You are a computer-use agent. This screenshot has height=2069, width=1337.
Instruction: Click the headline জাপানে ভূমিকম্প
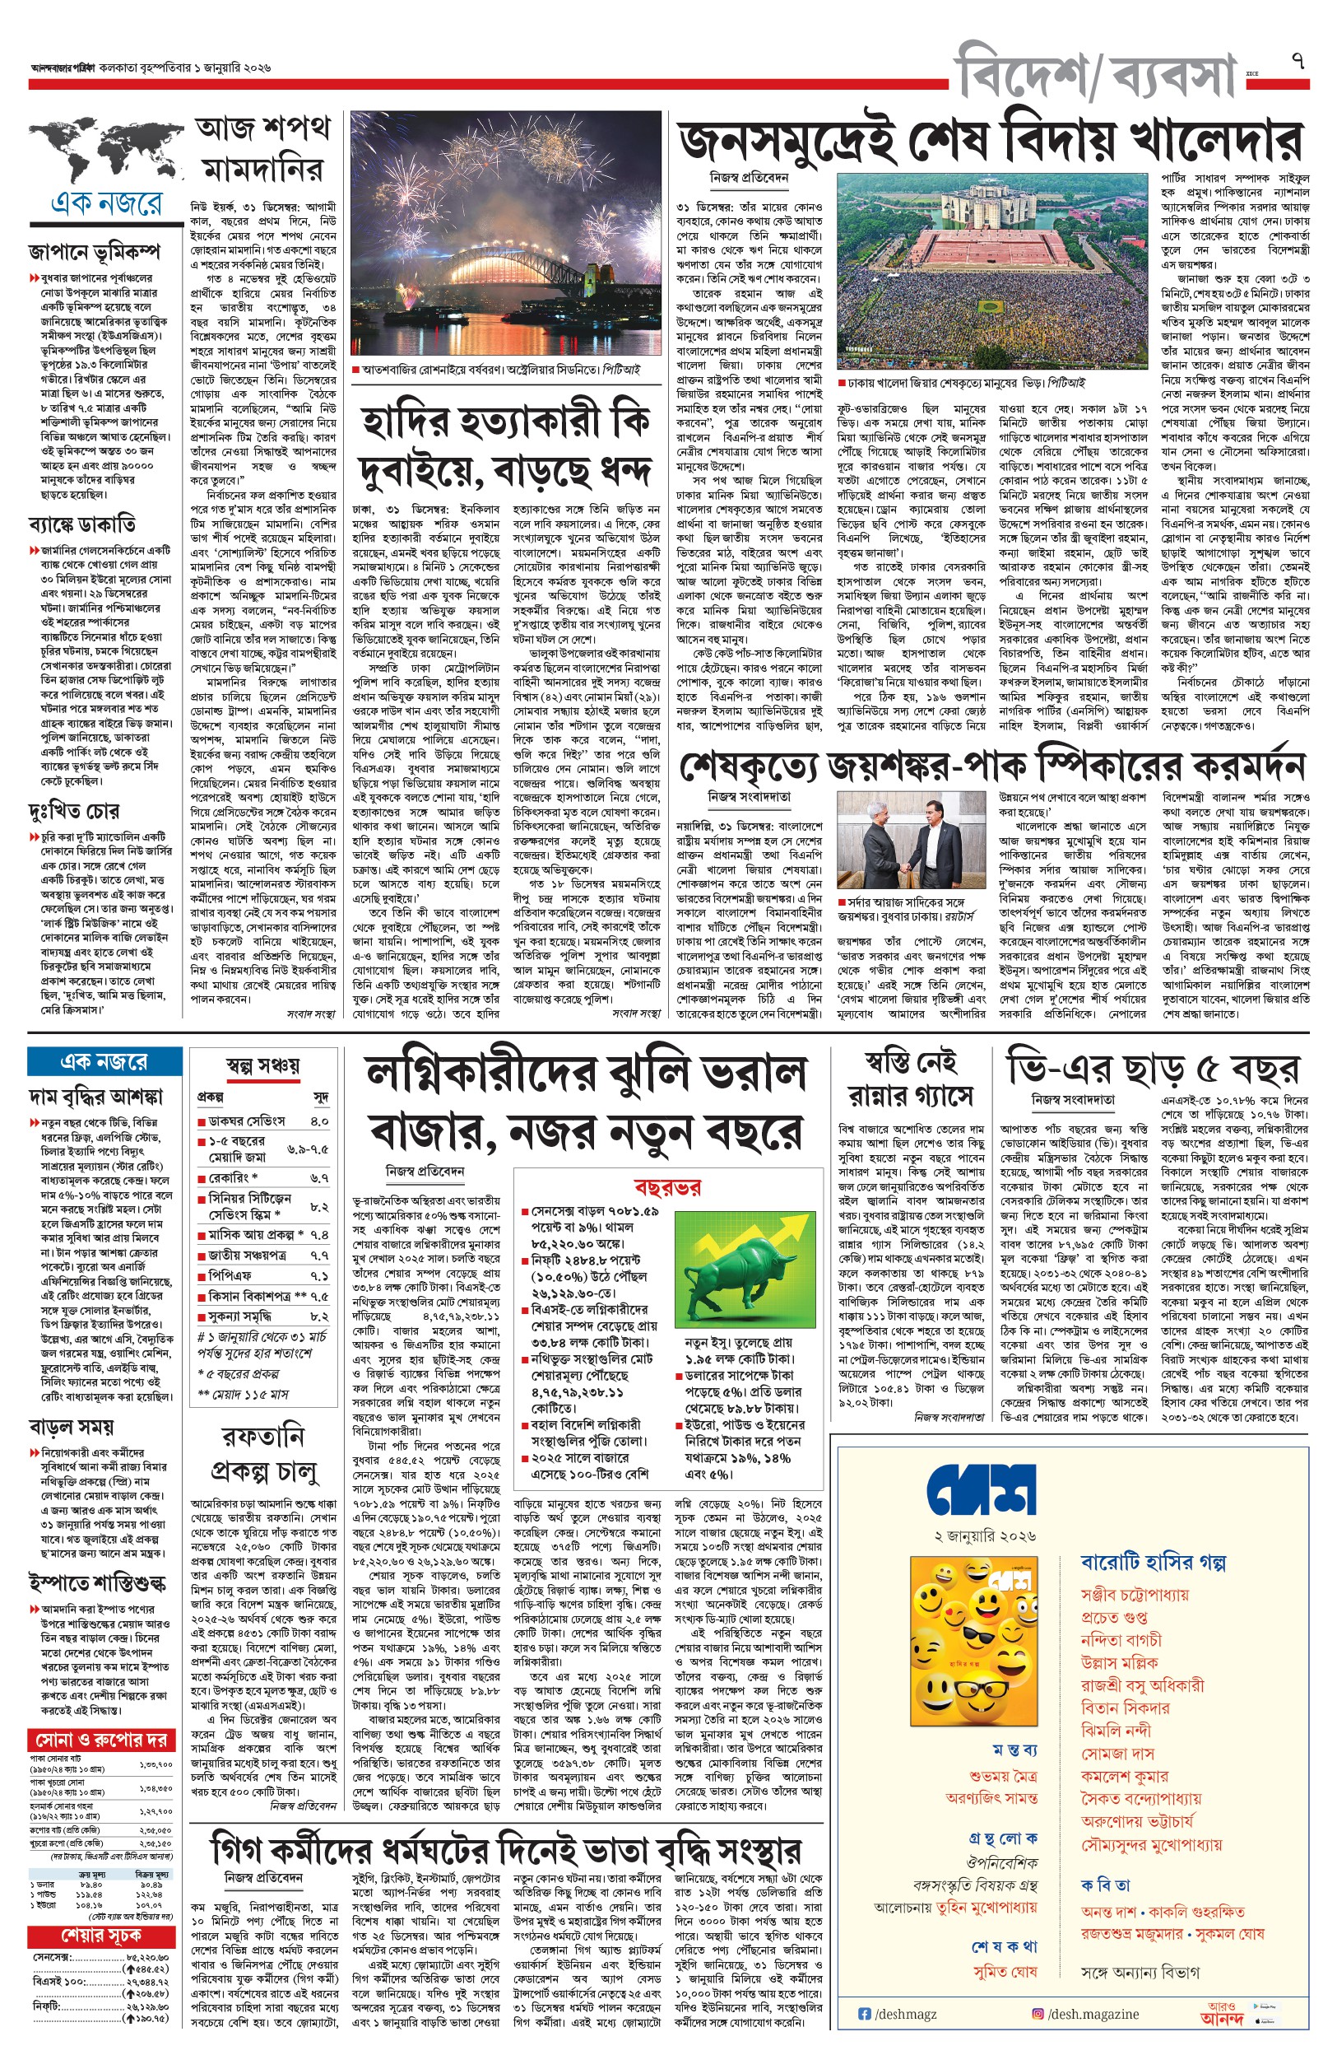tap(94, 252)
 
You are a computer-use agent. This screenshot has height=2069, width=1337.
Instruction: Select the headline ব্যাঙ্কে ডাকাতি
tap(82, 524)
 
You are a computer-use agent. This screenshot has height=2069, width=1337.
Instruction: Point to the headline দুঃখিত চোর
tap(74, 810)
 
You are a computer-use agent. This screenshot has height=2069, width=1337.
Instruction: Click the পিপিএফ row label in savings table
tap(230, 1275)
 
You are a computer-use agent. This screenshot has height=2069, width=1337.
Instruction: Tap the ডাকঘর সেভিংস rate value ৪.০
tap(318, 1121)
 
